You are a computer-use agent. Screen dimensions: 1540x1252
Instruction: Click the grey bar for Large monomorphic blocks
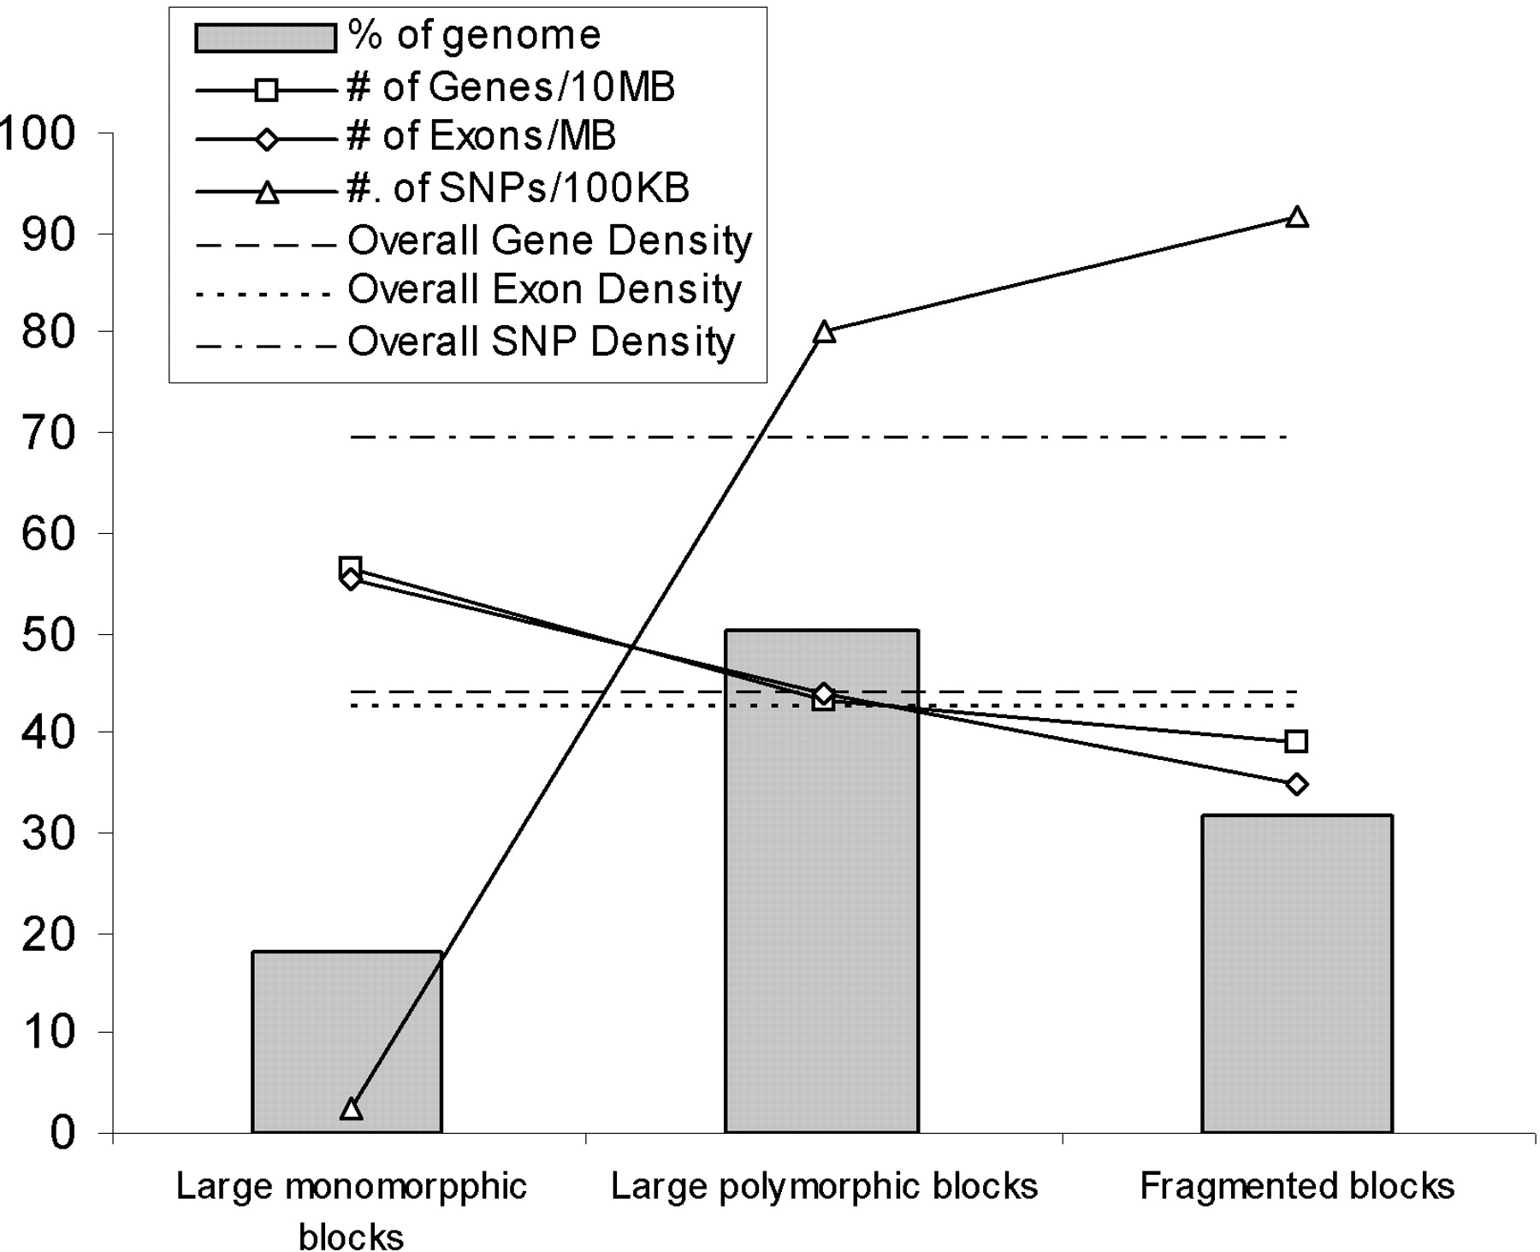click(x=346, y=1041)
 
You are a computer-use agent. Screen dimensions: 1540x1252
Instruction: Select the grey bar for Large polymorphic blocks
click(x=822, y=881)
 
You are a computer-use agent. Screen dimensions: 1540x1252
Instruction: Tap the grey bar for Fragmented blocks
click(x=1297, y=974)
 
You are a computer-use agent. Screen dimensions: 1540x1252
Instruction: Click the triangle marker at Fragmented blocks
click(x=1297, y=217)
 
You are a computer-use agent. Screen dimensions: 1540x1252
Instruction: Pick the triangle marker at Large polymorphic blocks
click(x=824, y=332)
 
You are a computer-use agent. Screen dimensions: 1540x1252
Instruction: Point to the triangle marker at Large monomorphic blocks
click(x=351, y=1109)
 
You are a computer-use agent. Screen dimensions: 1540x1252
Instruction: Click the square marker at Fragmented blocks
click(x=1296, y=741)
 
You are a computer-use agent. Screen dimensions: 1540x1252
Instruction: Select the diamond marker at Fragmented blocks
click(x=1296, y=784)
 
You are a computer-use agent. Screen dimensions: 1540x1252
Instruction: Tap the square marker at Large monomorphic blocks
click(x=350, y=567)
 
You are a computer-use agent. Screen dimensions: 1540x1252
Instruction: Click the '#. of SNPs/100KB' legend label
click(x=518, y=188)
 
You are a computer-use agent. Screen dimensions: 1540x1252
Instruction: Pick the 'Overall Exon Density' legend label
click(x=544, y=290)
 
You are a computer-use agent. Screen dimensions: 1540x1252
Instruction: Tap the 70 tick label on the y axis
click(x=50, y=433)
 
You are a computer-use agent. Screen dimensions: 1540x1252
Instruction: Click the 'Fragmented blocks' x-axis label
click(x=1297, y=1187)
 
